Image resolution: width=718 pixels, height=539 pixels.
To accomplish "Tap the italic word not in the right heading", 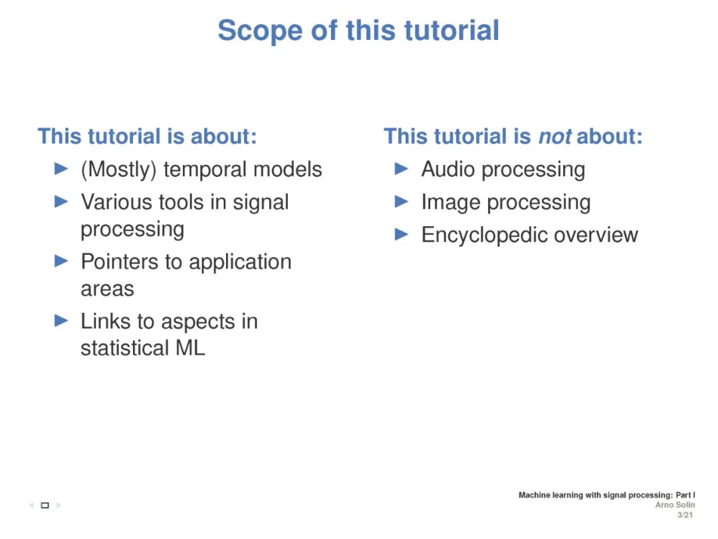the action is (554, 136).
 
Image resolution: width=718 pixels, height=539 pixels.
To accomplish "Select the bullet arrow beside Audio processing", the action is (401, 169).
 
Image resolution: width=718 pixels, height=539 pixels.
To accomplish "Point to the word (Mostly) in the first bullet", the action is (119, 170).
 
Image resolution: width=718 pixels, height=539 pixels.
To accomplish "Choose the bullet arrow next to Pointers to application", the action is (61, 262).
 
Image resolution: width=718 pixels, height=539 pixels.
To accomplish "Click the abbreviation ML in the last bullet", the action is (190, 348).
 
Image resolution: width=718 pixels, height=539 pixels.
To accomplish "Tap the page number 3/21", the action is (685, 515).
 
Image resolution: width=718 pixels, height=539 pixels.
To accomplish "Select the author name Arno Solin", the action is (675, 505).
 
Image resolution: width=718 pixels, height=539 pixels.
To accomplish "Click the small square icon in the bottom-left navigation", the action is (45, 506).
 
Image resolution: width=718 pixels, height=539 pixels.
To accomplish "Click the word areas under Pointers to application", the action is (107, 289).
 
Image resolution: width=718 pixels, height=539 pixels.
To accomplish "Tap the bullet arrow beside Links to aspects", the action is (61, 321).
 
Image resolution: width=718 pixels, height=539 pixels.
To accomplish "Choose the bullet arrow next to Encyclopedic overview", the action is (401, 235).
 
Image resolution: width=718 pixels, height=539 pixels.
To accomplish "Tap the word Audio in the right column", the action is (446, 170).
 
